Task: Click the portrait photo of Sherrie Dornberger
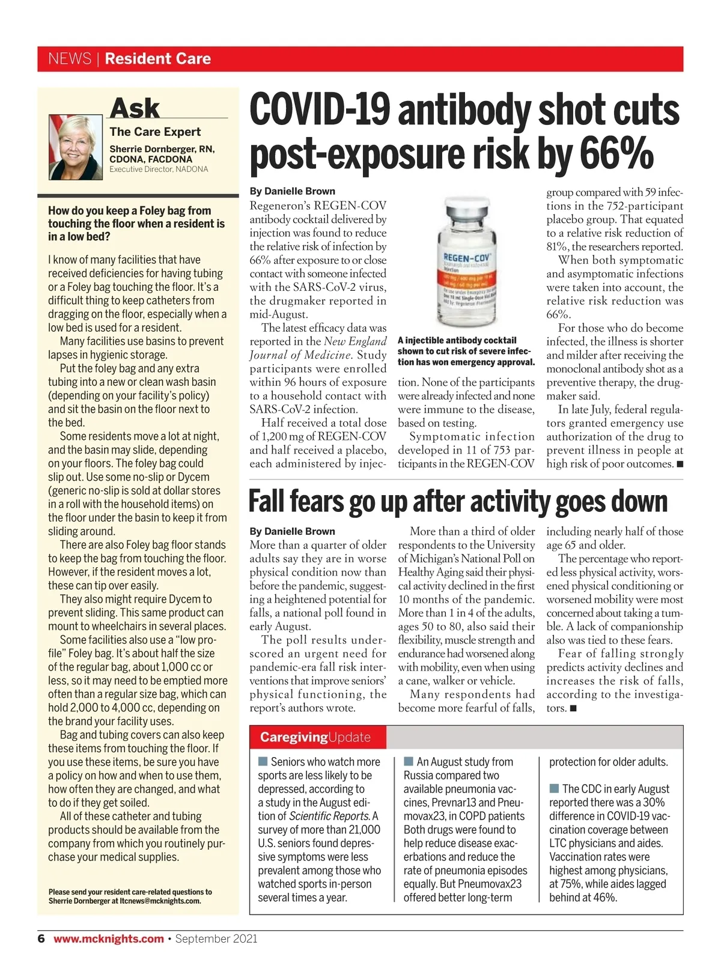[76, 147]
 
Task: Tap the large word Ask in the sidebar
[135, 108]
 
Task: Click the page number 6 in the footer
[41, 939]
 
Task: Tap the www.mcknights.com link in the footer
[109, 939]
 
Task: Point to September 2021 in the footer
[216, 939]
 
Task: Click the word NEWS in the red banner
[70, 59]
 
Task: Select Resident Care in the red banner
[158, 59]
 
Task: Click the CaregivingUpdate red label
[315, 737]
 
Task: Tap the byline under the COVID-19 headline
[293, 191]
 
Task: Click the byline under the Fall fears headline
[293, 531]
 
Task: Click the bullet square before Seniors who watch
[263, 762]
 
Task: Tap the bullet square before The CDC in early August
[554, 788]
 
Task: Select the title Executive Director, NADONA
[159, 169]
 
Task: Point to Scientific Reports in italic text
[329, 816]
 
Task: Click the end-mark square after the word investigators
[573, 708]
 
